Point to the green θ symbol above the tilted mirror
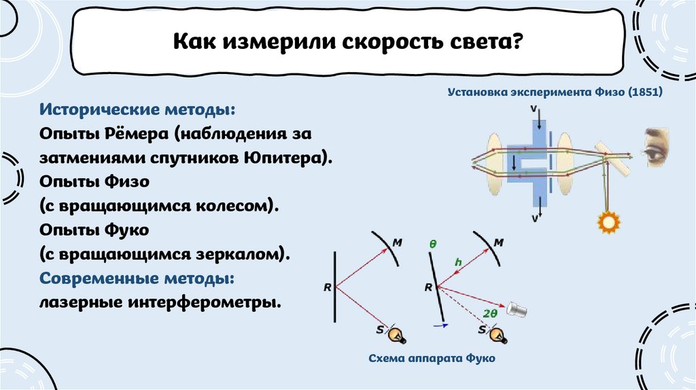[x=431, y=243]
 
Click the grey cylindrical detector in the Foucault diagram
[x=516, y=310]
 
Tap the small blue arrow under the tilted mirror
[x=440, y=325]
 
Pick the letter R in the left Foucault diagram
[x=327, y=287]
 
